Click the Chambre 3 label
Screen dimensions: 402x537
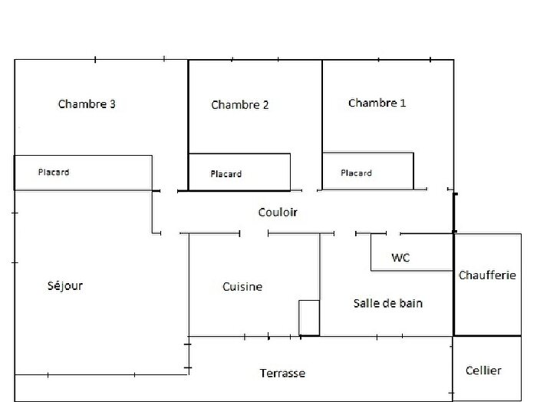[87, 104]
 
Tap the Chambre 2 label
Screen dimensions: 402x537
[239, 105]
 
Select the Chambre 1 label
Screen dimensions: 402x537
[377, 103]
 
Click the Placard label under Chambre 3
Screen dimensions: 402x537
[54, 173]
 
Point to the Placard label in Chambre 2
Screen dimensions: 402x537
[226, 174]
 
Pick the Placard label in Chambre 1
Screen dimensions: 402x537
[356, 173]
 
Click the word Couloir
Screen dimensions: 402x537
[277, 212]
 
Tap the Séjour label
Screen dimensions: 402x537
[64, 286]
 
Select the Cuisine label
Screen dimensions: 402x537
[242, 287]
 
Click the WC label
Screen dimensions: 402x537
[400, 258]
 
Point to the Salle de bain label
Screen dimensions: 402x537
[388, 303]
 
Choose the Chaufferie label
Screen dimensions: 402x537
[487, 275]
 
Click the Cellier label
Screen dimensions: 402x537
[483, 371]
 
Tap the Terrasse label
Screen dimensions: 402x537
[282, 374]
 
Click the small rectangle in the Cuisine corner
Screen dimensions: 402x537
[309, 318]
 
